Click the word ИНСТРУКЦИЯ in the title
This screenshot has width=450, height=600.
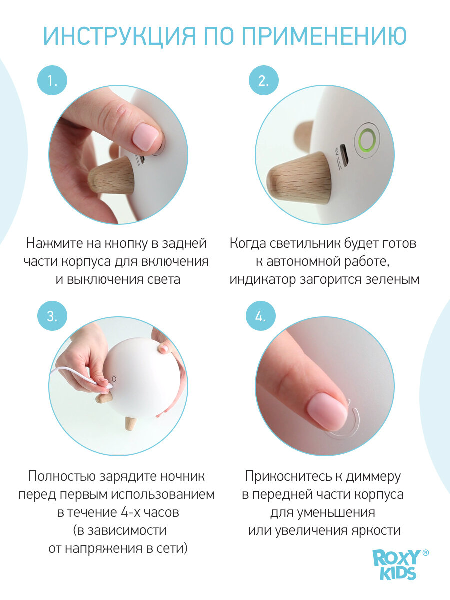click(x=119, y=36)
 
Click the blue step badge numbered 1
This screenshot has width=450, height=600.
click(x=52, y=80)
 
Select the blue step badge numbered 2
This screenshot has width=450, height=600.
click(x=263, y=80)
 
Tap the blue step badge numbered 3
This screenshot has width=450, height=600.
click(x=52, y=316)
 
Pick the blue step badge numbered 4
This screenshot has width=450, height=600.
click(x=261, y=316)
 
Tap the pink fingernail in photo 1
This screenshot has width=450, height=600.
click(x=146, y=137)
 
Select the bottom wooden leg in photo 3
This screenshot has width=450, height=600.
click(x=130, y=423)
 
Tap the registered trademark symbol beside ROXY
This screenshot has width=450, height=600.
click(x=425, y=553)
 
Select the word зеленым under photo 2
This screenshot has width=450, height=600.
click(x=392, y=279)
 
